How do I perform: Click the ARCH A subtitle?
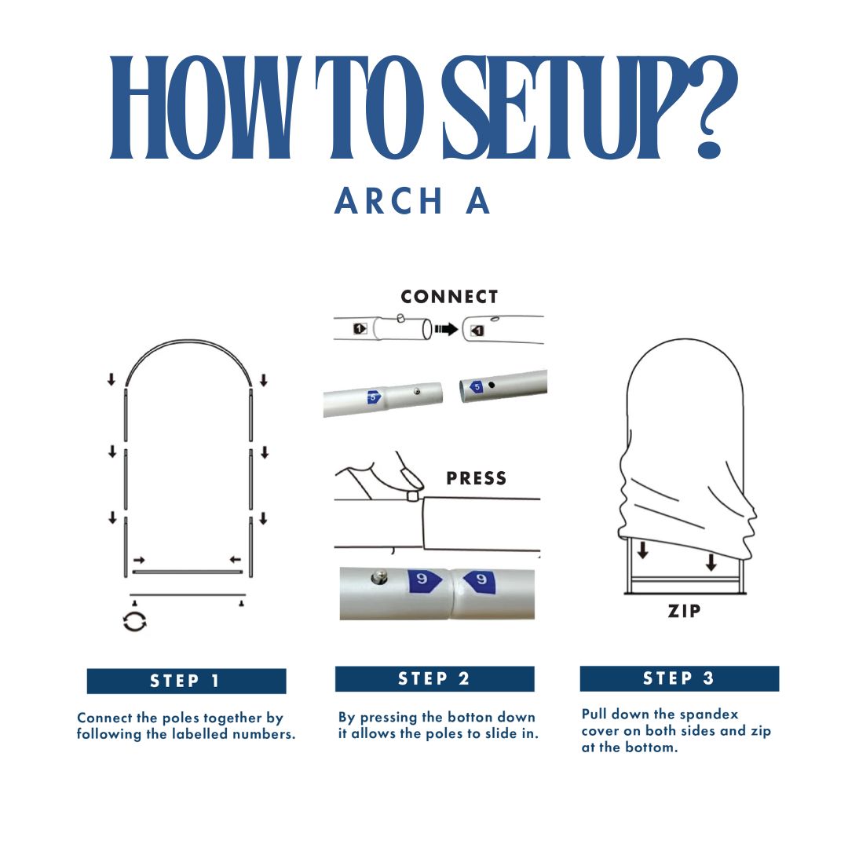(x=412, y=201)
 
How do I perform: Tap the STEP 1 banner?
(x=186, y=681)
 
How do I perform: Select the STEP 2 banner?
(x=434, y=678)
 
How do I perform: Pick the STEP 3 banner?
(x=679, y=678)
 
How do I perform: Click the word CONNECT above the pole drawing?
(x=449, y=296)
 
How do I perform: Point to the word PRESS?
(x=477, y=478)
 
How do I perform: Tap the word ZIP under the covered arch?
(x=684, y=611)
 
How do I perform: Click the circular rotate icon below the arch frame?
(x=135, y=621)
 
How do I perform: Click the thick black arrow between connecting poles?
(x=446, y=329)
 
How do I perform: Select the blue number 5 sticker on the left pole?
(x=374, y=397)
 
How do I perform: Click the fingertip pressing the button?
(x=411, y=479)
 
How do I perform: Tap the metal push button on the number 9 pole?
(x=378, y=578)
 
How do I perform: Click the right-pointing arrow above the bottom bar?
(x=139, y=560)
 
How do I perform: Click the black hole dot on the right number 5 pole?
(x=492, y=385)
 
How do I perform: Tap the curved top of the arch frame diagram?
(x=188, y=342)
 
